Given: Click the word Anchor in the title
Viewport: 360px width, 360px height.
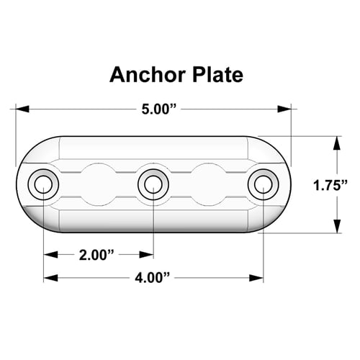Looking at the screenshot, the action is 147,75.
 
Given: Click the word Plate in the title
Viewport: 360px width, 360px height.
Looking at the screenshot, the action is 217,75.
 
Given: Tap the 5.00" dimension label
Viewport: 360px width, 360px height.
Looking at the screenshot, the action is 159,109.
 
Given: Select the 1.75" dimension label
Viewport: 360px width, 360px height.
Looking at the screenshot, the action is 330,185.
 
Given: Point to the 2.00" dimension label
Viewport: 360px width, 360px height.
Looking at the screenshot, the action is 96,255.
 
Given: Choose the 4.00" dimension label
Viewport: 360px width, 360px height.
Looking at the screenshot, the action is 152,278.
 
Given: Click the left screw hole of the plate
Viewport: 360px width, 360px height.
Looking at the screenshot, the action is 43,184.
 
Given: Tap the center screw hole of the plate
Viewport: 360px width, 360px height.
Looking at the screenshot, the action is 153,184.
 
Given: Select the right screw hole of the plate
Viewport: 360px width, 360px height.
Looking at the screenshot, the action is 264,184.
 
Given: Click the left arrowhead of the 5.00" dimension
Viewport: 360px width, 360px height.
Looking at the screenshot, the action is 22,109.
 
